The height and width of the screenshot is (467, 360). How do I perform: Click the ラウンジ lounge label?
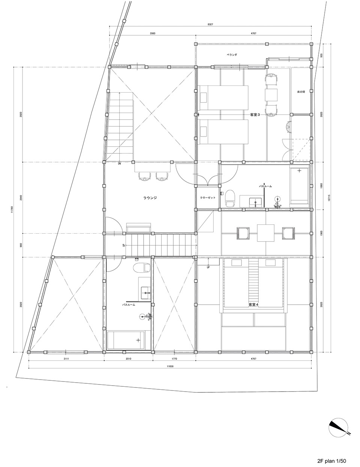150,198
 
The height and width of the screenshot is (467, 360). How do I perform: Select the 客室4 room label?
254,304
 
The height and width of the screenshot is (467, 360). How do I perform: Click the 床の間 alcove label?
301,92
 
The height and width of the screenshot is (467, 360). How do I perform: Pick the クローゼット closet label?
207,198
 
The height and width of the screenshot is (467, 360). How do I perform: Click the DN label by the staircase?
119,164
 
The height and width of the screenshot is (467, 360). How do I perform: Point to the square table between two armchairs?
265,233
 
